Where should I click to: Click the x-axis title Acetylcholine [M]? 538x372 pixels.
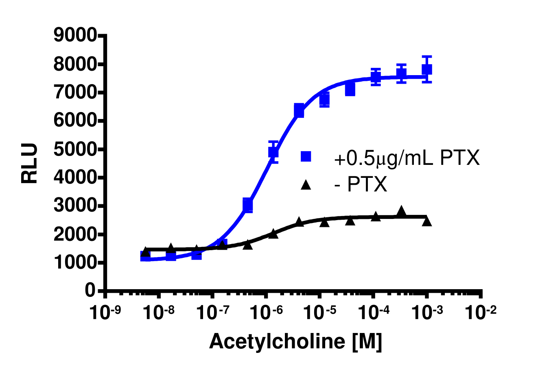click(295, 342)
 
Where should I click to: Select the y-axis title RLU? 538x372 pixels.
click(30, 163)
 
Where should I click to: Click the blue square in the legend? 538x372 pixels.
click(306, 156)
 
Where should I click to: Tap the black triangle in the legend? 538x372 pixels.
click(306, 186)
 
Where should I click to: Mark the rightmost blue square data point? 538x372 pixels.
click(427, 69)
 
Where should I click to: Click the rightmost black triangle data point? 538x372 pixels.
click(427, 221)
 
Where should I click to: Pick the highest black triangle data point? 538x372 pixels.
click(401, 210)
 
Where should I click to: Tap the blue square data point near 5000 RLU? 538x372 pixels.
click(273, 152)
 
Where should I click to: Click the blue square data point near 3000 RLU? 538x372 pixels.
click(247, 205)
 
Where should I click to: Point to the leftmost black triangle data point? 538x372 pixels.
click(145, 252)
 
